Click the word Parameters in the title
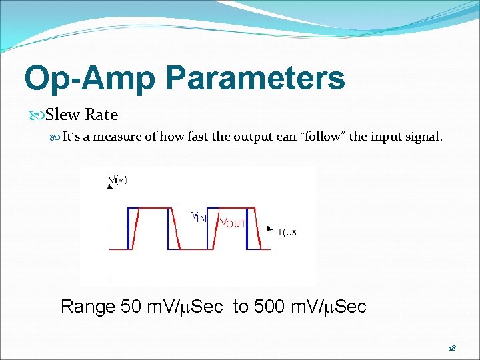tap(255, 78)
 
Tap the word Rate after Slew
tap(101, 115)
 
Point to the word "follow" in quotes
tap(323, 137)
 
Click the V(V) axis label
tap(118, 179)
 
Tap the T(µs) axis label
tap(288, 232)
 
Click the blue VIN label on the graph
tap(199, 217)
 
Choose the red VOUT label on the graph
tap(233, 223)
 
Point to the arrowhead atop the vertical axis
tap(109, 187)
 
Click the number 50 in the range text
tap(131, 307)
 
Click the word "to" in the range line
tap(241, 307)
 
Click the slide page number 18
tap(451, 348)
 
